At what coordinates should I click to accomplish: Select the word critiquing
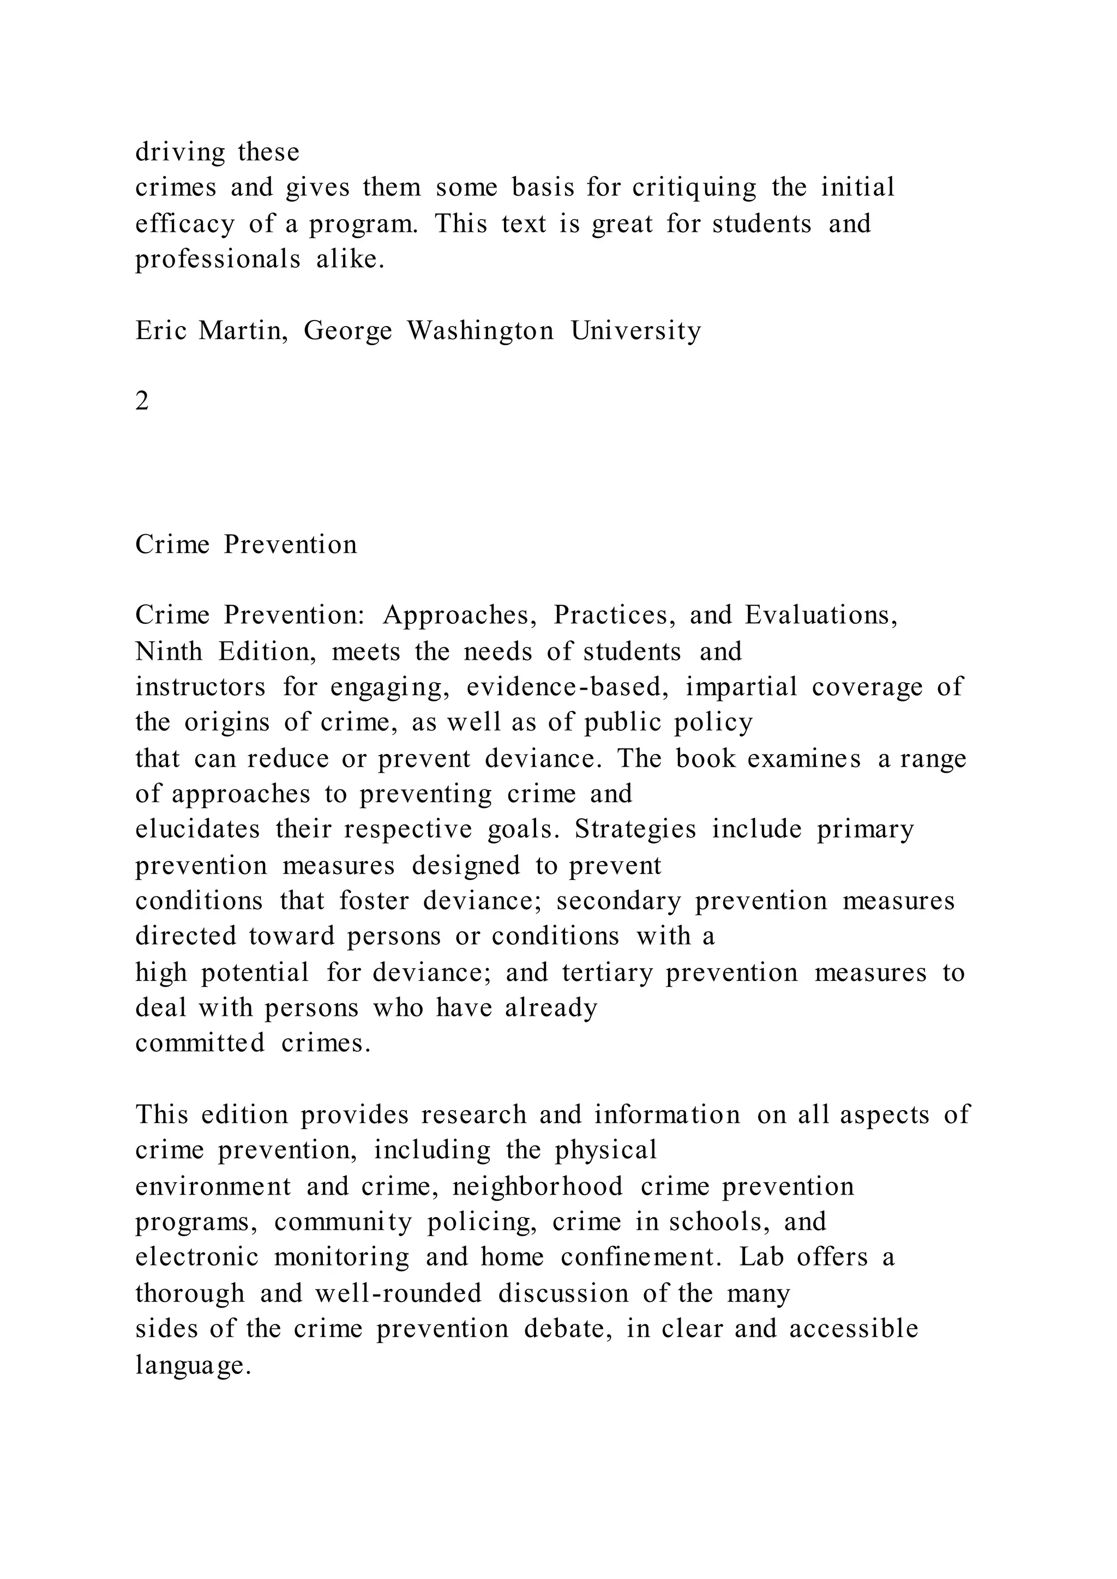[694, 188]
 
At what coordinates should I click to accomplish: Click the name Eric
[161, 331]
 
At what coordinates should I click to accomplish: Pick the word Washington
[480, 331]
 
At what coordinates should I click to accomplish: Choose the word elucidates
[197, 829]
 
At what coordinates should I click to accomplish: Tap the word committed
[200, 1044]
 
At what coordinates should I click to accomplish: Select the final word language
[193, 1365]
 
